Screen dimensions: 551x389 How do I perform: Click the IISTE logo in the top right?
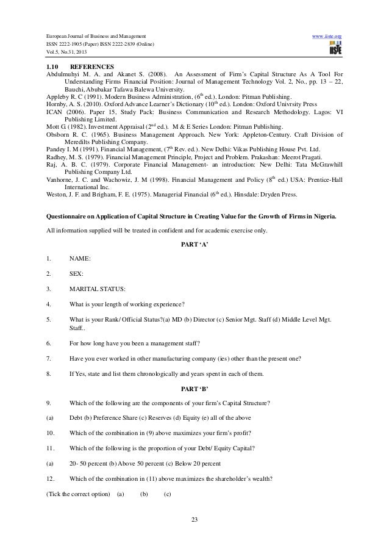[332, 49]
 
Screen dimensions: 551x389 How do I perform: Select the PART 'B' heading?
[194, 389]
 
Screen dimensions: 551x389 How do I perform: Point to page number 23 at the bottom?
[194, 520]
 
